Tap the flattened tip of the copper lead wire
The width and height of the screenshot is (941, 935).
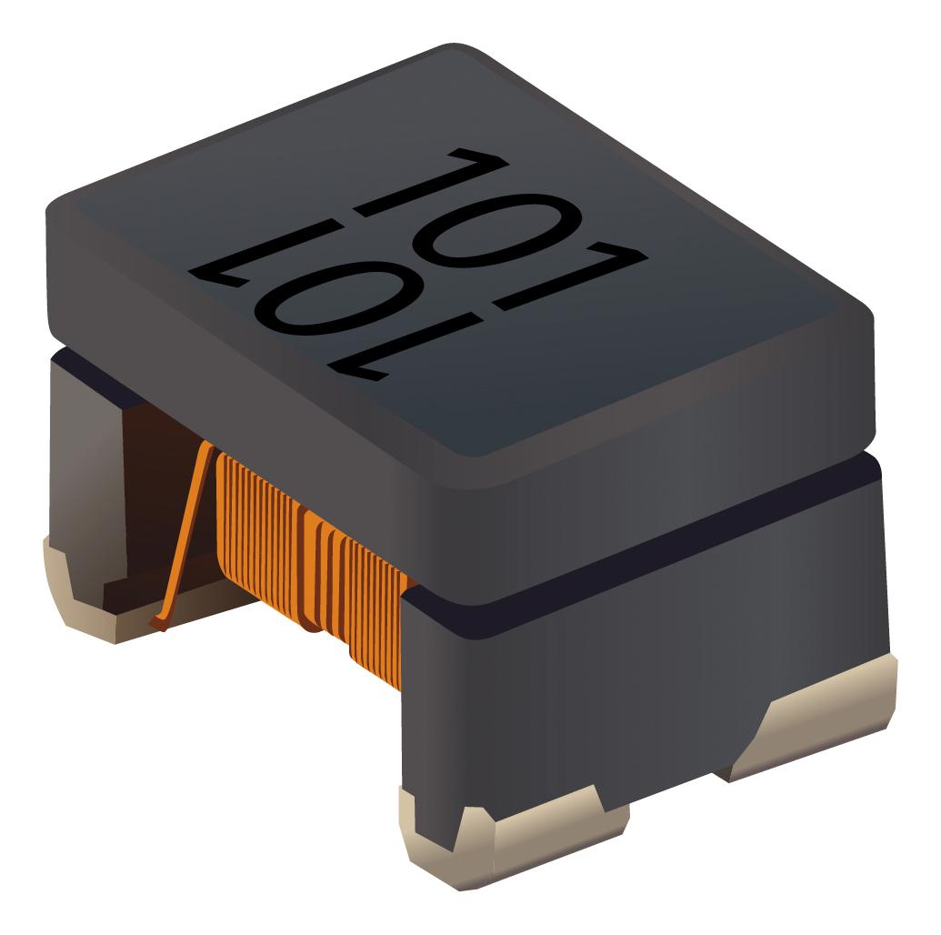159,623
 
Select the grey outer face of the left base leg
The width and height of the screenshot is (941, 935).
82,455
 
